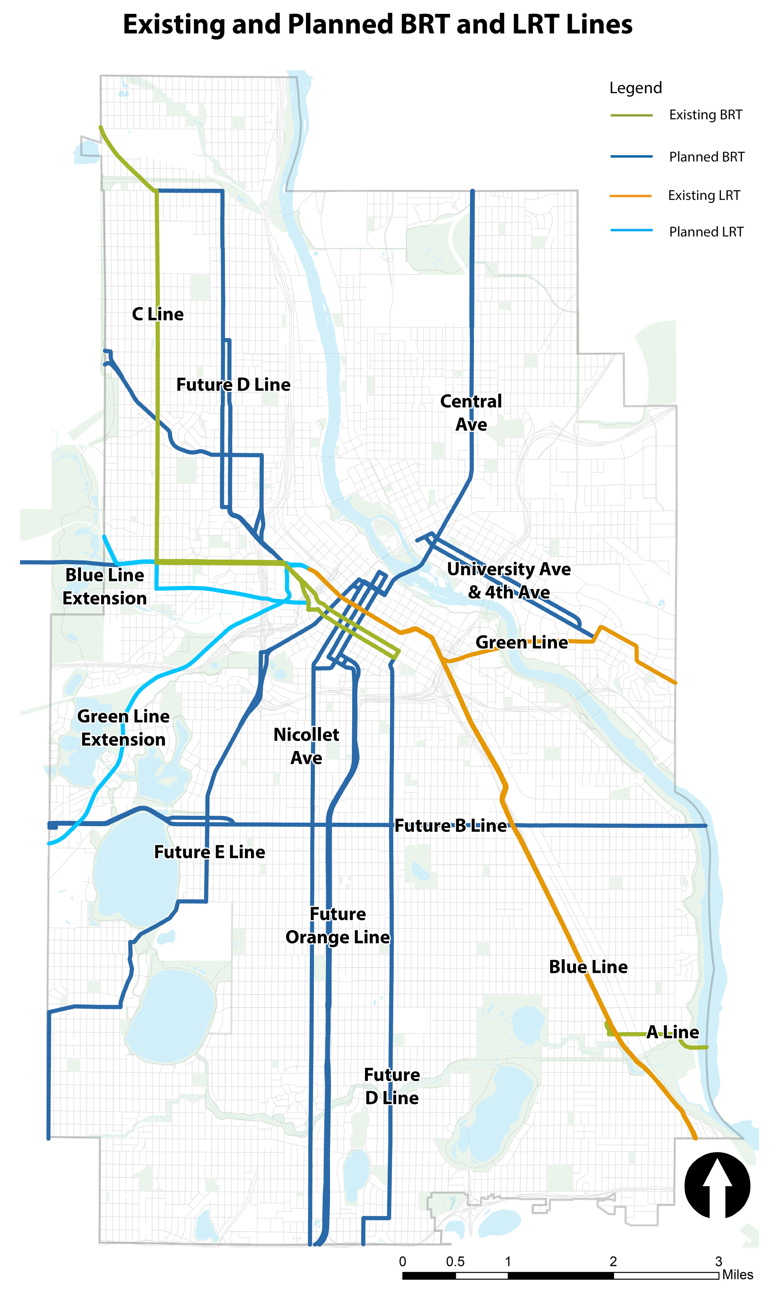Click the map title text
tap(377, 24)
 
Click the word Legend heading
tap(635, 87)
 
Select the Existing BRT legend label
tap(705, 115)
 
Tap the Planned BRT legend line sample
tap(631, 156)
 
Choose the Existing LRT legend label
tap(704, 196)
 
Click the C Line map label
tap(157, 314)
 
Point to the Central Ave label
tap(471, 413)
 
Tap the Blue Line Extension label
tap(105, 586)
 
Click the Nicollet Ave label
tap(306, 746)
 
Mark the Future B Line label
tap(450, 826)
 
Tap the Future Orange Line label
tap(338, 925)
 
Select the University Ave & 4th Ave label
tap(509, 581)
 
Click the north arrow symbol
tap(717, 1185)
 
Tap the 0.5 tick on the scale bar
tap(455, 1261)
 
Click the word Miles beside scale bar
tap(737, 1275)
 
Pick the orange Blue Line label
tap(588, 967)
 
